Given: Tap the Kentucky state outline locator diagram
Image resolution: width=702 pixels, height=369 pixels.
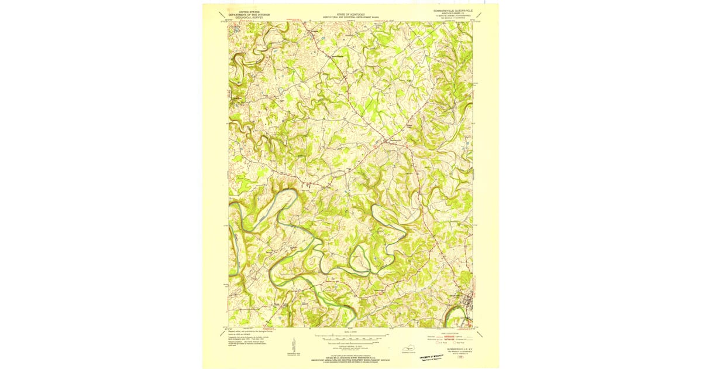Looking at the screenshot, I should click(x=406, y=349).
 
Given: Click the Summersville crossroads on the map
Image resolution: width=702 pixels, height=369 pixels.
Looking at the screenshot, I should click(x=386, y=141).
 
